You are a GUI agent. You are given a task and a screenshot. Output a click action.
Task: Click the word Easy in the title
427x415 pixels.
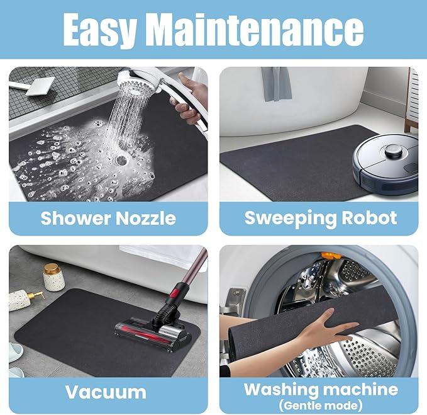pos(99,30)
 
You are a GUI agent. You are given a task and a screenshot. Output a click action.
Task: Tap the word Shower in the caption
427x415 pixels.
pos(75,218)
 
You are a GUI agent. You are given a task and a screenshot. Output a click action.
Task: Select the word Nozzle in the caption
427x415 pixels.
pos(146,219)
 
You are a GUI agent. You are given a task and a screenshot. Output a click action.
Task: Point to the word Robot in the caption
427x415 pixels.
pos(370,218)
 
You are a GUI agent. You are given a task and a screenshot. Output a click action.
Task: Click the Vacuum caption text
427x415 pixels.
pos(106,392)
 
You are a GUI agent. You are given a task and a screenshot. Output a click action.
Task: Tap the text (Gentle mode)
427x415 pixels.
pos(321,406)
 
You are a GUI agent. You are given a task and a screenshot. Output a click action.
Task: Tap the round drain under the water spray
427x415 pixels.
pos(121,160)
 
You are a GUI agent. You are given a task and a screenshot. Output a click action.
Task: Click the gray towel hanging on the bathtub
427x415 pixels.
pos(276,84)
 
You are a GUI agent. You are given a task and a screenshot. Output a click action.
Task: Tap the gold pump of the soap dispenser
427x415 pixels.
pos(36,295)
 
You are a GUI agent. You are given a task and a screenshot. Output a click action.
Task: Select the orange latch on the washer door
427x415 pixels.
pos(331,256)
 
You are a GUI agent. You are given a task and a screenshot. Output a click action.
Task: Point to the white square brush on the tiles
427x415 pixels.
pos(41,86)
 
